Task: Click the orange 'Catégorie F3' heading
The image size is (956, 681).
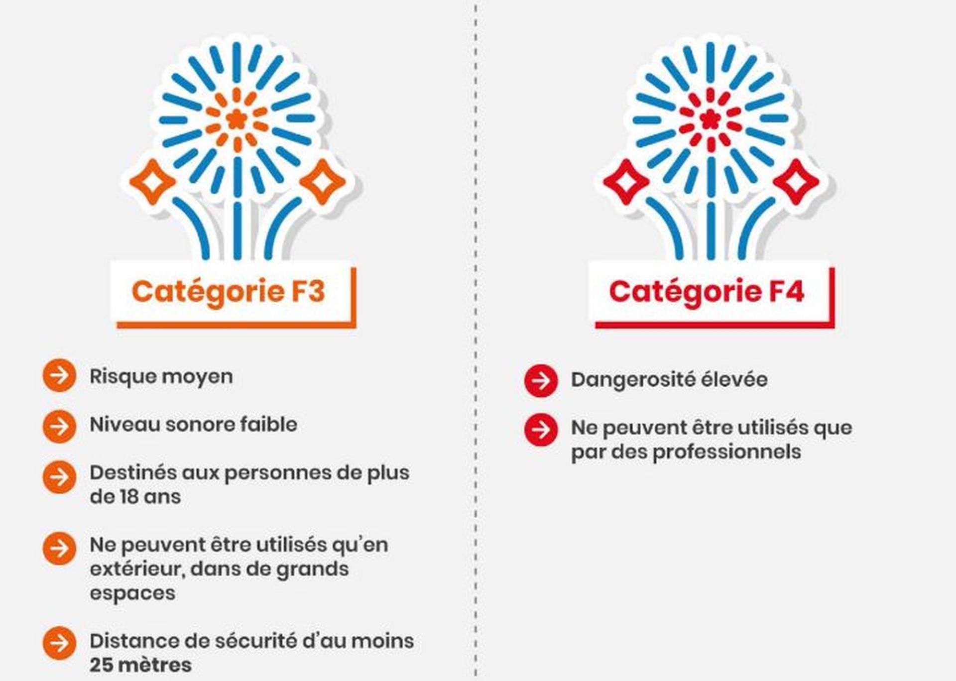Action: tap(228, 292)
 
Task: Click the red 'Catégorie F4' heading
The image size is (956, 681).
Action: tap(706, 292)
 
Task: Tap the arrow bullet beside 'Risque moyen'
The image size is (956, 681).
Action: tap(59, 375)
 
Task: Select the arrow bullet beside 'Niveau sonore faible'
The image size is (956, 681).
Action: tap(59, 426)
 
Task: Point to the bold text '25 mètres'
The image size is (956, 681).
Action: tap(140, 665)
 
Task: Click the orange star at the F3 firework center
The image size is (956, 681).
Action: tap(236, 119)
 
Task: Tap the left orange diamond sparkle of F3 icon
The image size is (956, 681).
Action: tap(152, 182)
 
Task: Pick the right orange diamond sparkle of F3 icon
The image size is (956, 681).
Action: tap(323, 182)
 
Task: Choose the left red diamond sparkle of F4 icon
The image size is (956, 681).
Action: tap(625, 182)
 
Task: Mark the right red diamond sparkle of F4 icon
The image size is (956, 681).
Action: tap(796, 182)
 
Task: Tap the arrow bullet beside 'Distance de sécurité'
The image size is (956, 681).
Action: tap(59, 643)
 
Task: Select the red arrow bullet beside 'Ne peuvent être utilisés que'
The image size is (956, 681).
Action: tap(541, 429)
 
